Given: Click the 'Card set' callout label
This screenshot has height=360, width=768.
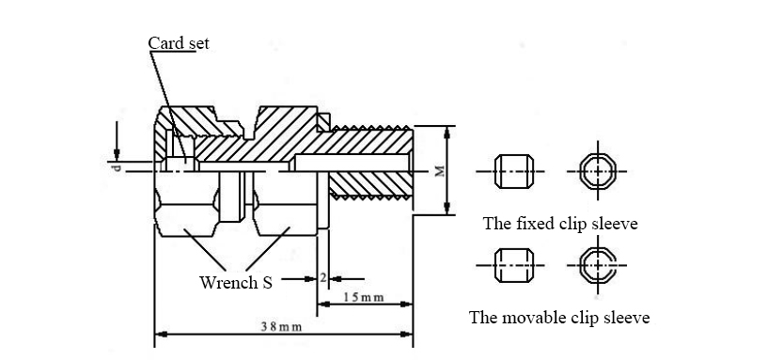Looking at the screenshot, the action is coord(179,43).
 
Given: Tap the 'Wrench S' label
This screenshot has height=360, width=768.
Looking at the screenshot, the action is coord(236,283).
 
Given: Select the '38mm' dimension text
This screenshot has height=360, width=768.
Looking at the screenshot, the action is coord(281,327).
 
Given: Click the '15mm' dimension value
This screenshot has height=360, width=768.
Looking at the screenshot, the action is coord(363,297).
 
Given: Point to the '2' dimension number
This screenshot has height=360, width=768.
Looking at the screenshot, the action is coord(322,277).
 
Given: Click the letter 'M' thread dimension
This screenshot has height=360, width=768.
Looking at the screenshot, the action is coord(440,171).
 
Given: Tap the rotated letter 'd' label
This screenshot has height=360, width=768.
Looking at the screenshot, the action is coord(116,168).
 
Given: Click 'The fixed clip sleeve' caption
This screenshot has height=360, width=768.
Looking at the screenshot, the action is coord(560,224).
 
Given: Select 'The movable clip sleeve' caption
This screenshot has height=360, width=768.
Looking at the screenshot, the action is coord(559,318).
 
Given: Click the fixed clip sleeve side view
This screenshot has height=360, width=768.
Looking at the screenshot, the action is coord(514,171).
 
